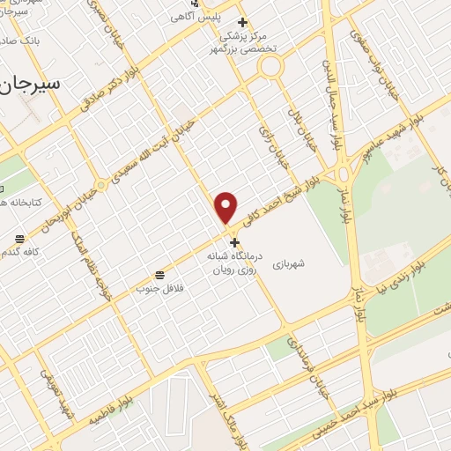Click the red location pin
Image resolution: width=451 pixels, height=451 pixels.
click(x=226, y=207)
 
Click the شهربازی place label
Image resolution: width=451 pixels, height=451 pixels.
click(x=288, y=263)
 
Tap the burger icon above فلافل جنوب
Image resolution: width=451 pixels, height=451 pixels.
click(x=159, y=274)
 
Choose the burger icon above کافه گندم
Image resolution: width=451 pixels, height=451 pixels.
click(x=19, y=238)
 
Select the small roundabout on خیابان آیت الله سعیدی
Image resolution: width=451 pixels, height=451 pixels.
click(x=101, y=186)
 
